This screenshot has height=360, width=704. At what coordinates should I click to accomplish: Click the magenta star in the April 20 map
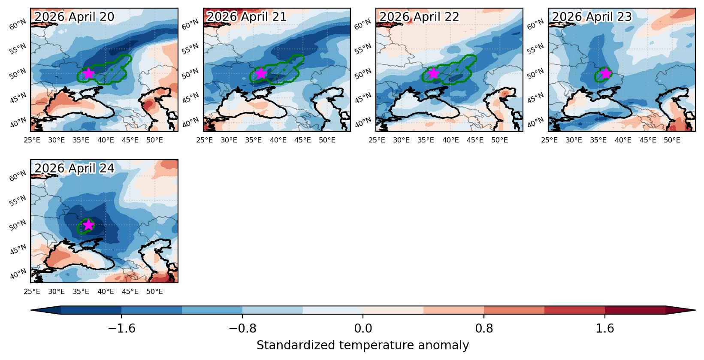click(89, 73)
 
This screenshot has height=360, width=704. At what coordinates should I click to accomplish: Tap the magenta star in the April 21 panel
click(261, 73)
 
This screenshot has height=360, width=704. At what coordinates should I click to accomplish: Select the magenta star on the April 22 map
click(434, 73)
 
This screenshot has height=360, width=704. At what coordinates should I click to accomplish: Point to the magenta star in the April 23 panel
click(606, 73)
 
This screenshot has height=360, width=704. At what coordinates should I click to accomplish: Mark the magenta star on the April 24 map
click(89, 224)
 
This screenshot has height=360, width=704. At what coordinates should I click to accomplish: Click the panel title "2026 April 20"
click(74, 17)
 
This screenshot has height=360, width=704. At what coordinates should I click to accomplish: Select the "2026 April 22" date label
click(419, 17)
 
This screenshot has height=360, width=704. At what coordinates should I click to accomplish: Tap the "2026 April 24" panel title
click(74, 168)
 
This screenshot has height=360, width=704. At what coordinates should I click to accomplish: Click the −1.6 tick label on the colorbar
click(122, 329)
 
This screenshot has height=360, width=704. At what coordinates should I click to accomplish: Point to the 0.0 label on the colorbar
click(363, 329)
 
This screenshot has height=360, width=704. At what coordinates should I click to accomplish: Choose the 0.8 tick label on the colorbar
click(484, 329)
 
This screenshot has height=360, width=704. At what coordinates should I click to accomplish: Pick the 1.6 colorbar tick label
click(605, 329)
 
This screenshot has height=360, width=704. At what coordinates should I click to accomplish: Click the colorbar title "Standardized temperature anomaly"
click(363, 345)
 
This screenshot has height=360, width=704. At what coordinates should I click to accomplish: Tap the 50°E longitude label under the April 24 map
click(154, 292)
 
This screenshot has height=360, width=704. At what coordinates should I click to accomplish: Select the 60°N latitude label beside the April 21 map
click(190, 24)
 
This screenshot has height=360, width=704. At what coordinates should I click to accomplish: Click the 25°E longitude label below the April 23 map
click(550, 140)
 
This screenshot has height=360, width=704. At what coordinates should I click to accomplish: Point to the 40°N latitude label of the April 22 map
click(363, 122)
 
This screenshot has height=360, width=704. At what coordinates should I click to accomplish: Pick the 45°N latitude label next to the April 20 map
click(18, 98)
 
